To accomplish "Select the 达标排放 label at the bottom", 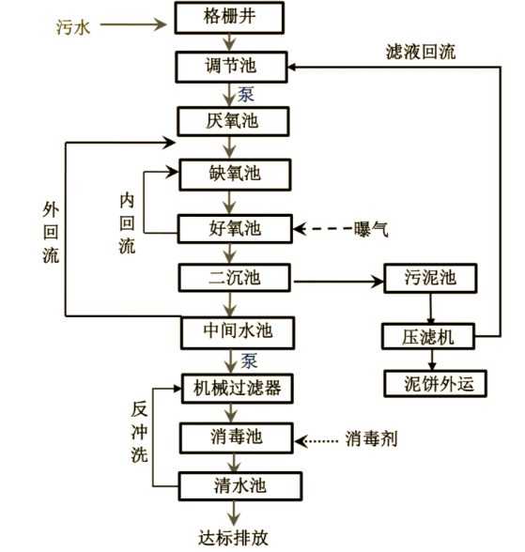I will pos(233,538).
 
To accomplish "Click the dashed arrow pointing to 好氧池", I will pos(319,228).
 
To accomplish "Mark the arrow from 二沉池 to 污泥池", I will pos(337,279).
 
